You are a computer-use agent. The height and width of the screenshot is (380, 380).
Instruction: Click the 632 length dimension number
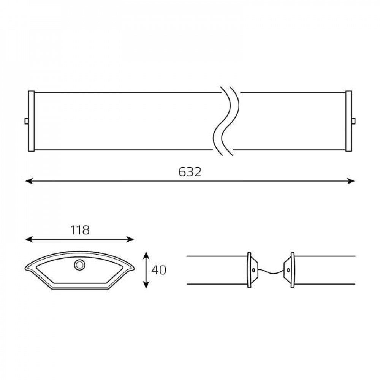(190, 172)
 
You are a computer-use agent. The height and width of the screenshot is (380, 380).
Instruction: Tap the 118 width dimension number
(80, 230)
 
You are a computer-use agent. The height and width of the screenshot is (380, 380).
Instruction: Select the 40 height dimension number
(159, 270)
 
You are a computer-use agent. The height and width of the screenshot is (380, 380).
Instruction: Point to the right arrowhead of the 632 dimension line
(351, 181)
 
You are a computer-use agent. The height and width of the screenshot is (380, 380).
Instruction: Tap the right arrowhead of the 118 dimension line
(130, 240)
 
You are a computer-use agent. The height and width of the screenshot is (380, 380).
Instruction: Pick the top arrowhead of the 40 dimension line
(146, 255)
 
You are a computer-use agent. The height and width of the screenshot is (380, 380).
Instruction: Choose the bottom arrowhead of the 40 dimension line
(146, 285)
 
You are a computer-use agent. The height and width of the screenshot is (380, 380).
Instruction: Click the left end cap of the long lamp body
(31, 121)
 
